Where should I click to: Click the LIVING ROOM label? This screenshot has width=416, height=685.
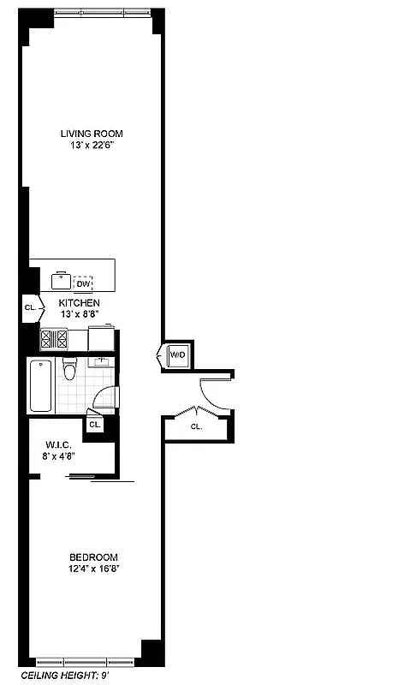pos(92,133)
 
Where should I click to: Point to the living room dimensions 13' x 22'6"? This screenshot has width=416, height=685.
pos(92,145)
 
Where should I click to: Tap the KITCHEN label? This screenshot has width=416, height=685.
pos(80,303)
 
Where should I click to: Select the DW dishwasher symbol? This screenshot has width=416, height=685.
pos(83,283)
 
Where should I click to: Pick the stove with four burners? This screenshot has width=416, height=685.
pos(54,339)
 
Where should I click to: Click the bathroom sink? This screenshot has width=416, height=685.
pos(101,360)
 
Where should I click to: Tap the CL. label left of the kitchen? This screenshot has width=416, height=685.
pos(30,307)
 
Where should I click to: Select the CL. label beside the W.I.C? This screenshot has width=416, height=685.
pos(95,425)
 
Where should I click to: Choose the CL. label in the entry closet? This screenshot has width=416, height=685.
pos(196,426)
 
